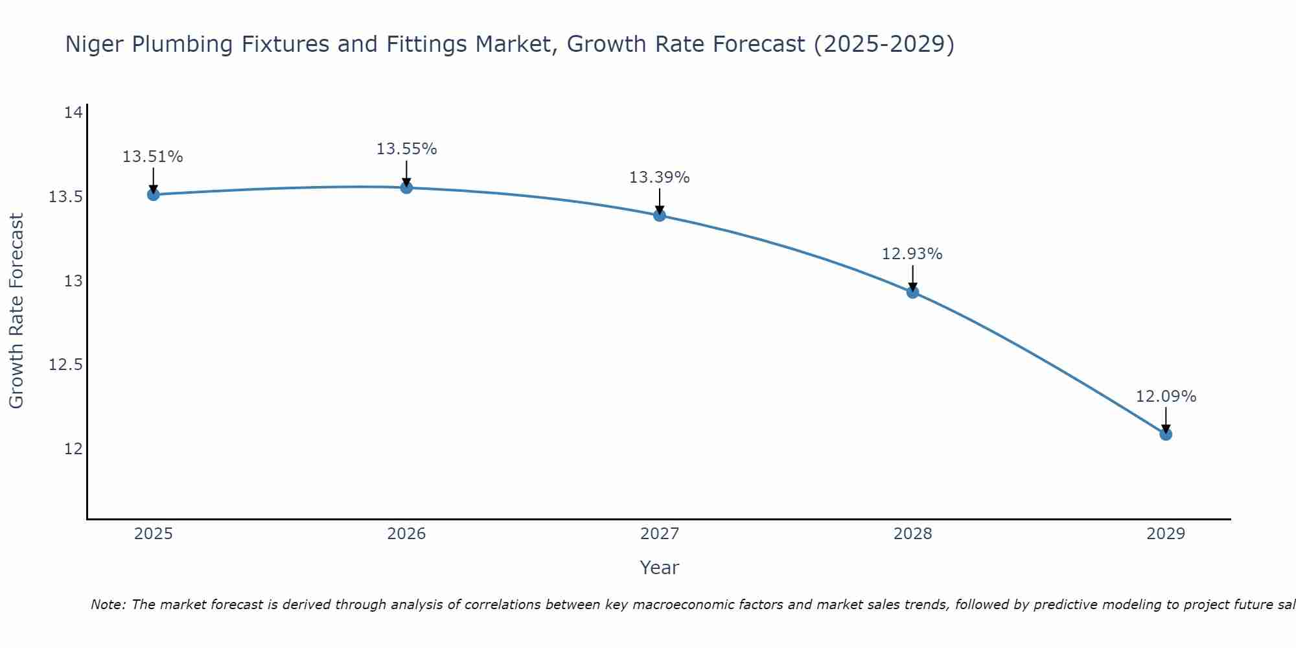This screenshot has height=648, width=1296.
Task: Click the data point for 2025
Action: [154, 194]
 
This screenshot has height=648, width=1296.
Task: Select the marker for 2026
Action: [406, 188]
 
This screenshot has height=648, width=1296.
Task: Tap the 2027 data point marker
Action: [660, 215]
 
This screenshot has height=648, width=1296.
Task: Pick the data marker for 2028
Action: [912, 292]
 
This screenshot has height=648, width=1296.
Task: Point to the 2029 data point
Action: [1166, 434]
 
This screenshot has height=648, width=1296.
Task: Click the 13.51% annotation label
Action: [153, 157]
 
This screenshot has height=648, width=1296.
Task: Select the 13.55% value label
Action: [406, 149]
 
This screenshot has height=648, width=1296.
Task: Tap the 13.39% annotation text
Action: [659, 178]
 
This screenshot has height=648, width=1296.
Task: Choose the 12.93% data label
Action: [912, 254]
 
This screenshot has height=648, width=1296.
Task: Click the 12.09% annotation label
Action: [1166, 397]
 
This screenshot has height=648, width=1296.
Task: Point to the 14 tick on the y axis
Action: [73, 113]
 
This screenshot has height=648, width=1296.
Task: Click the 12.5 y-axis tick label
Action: [65, 365]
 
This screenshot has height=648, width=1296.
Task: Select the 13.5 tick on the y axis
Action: [65, 197]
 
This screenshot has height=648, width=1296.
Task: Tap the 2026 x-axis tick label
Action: [406, 534]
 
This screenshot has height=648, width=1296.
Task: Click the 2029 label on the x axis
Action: [1166, 534]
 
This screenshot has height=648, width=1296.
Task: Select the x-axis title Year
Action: [659, 568]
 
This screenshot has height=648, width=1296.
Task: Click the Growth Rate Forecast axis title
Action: [17, 311]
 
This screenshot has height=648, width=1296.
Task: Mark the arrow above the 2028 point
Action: [912, 277]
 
